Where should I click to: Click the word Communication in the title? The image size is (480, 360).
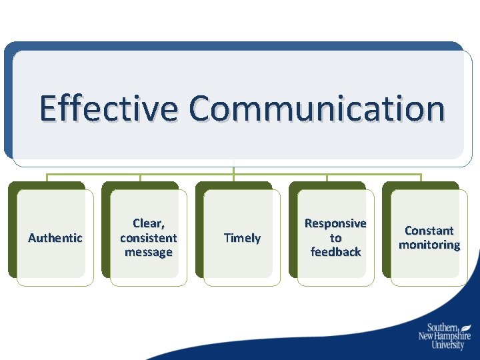click(x=316, y=109)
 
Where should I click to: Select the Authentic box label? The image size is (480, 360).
click(x=55, y=238)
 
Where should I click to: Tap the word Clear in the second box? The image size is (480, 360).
click(x=149, y=223)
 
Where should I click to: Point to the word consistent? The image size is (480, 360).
click(x=149, y=238)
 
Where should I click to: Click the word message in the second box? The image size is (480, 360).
click(x=149, y=252)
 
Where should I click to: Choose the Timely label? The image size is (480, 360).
click(x=242, y=238)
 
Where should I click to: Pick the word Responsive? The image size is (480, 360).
click(x=335, y=223)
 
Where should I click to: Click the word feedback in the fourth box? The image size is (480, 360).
click(x=335, y=252)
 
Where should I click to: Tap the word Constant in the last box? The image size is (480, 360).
click(x=429, y=231)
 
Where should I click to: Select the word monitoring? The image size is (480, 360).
click(x=429, y=245)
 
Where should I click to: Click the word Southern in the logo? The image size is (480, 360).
click(x=442, y=327)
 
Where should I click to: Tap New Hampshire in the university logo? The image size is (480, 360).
click(x=445, y=337)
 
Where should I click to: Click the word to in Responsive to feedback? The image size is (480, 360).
click(x=335, y=238)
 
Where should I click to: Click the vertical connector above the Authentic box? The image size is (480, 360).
click(x=47, y=179)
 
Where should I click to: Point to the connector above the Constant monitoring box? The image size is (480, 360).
click(x=421, y=179)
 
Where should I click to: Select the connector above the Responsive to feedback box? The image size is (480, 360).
click(x=327, y=179)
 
